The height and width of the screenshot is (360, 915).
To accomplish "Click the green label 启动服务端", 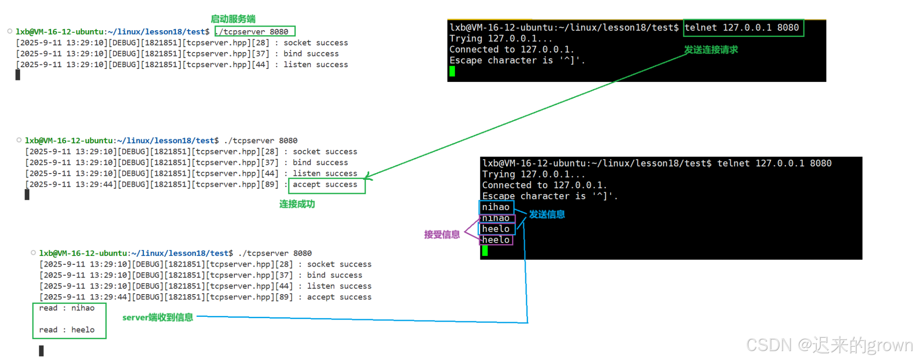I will (x=233, y=19).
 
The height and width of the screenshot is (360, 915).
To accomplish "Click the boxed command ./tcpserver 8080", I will (x=255, y=32).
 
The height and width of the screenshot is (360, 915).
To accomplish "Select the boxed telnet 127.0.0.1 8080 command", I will (x=743, y=28).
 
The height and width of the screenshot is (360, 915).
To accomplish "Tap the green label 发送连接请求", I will (x=710, y=50).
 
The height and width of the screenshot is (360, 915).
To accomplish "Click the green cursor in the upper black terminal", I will (x=452, y=71).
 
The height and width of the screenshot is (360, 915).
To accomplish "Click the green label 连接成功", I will (x=297, y=204).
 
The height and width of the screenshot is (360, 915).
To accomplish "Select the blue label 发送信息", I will (x=547, y=214).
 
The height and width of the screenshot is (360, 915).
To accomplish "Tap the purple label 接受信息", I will (x=441, y=235).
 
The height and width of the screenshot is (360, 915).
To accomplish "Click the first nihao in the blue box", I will (x=496, y=207).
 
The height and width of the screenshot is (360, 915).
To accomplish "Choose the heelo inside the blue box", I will (x=496, y=229).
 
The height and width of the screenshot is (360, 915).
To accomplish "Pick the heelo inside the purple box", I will (x=496, y=240).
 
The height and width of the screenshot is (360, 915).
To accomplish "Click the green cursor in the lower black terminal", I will (x=485, y=251).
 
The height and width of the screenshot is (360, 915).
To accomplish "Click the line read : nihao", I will (x=67, y=308).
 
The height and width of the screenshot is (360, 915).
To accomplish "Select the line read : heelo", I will (x=67, y=330).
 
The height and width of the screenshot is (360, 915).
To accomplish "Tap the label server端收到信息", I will (x=157, y=317).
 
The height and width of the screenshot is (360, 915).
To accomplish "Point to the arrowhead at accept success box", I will (x=367, y=178).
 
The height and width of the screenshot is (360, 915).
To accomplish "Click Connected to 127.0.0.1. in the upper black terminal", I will (x=512, y=49).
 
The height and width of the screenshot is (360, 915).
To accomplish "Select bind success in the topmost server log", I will (x=311, y=54).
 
